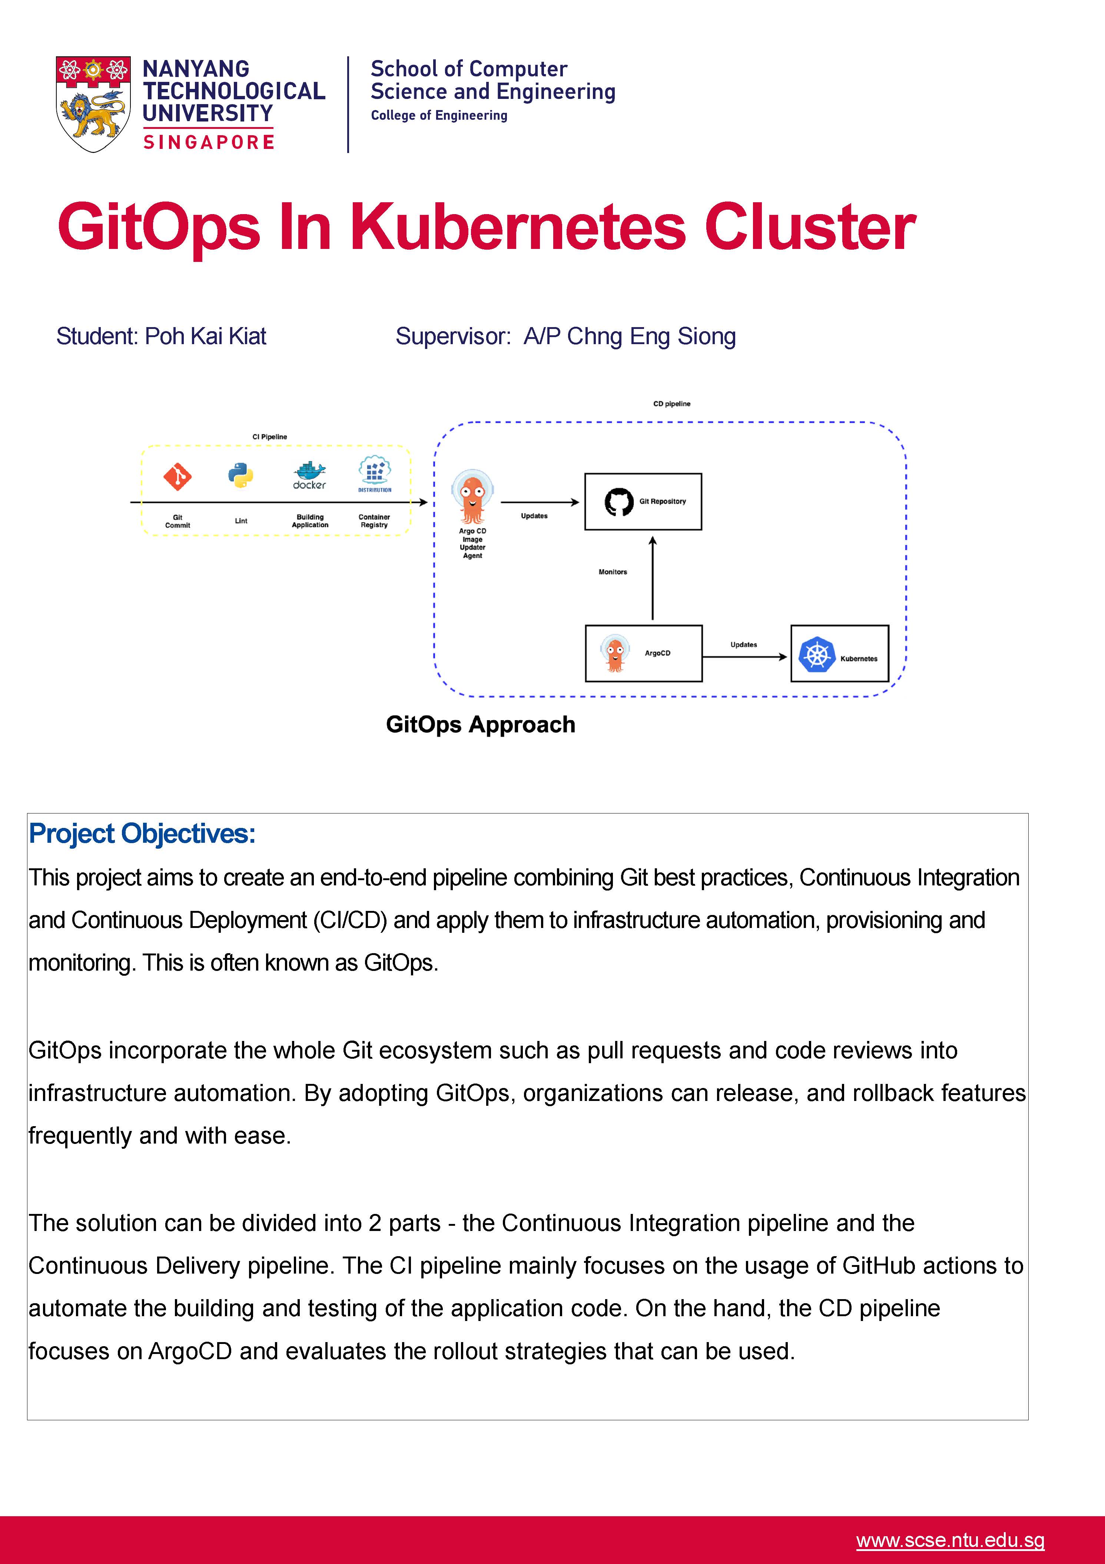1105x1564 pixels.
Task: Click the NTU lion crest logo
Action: (93, 104)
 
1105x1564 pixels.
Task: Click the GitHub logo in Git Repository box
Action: (618, 502)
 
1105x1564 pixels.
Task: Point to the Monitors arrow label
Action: (613, 572)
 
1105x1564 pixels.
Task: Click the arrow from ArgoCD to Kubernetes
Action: (744, 657)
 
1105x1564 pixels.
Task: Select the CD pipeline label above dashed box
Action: (672, 404)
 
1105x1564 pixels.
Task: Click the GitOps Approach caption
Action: (480, 724)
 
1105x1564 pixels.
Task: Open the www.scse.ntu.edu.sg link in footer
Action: (950, 1540)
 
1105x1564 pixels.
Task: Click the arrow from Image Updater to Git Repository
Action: (540, 502)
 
